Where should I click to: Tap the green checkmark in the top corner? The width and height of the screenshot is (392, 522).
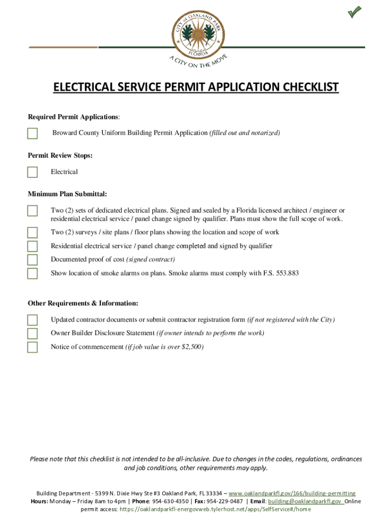tap(355, 12)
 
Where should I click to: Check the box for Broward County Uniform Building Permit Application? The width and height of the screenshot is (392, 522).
tap(33, 134)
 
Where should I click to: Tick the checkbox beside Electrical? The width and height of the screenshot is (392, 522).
tap(33, 172)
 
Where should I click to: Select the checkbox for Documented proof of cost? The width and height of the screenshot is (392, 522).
tap(33, 260)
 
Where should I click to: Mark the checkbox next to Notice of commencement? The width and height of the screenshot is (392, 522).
tap(33, 348)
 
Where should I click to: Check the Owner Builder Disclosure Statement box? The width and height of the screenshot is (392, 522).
tap(33, 334)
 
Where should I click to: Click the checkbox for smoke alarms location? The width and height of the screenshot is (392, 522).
tap(33, 274)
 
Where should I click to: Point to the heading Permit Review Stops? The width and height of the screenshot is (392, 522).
tap(60, 155)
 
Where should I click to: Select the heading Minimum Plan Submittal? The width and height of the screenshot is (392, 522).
tap(67, 194)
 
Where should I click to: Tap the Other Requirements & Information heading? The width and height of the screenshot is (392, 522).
tap(82, 303)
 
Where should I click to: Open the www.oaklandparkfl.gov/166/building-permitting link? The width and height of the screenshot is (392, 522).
tap(292, 493)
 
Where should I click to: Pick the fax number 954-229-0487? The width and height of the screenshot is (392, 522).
tap(225, 501)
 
